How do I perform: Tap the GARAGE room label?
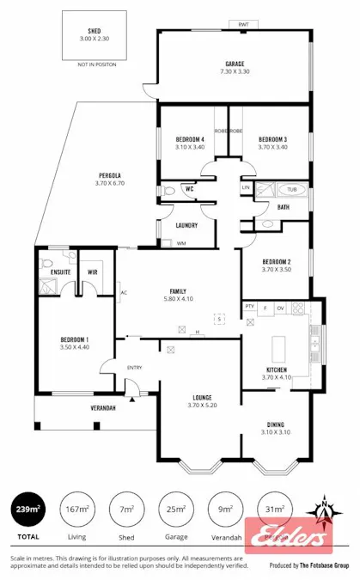(x=235, y=64)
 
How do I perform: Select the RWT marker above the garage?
(x=242, y=26)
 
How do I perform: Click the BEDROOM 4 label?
(x=189, y=139)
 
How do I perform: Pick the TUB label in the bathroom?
(x=291, y=188)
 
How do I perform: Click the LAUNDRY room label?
(x=186, y=225)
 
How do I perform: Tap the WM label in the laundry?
(x=180, y=243)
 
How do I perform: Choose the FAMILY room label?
(x=178, y=290)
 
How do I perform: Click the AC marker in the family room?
(x=124, y=291)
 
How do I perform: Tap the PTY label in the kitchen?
(x=250, y=306)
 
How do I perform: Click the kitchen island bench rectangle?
(x=280, y=348)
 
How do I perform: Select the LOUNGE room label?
(x=202, y=397)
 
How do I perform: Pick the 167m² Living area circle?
(x=77, y=510)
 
